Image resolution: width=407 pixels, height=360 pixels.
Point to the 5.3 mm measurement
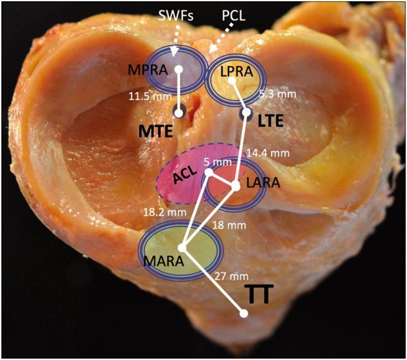click(277, 94)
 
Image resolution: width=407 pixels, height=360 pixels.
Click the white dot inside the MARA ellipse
click(182, 248)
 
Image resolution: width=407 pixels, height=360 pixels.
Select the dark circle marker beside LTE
click(246, 114)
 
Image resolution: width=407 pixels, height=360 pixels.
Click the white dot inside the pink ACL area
click(208, 173)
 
